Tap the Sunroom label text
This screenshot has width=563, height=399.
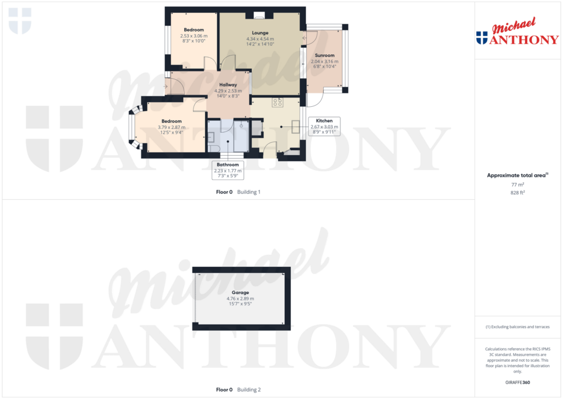(x=324, y=56)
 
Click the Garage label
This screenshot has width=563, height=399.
(x=240, y=293)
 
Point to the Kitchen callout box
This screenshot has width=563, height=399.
(x=324, y=126)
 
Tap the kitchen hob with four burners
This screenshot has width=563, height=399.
(x=278, y=102)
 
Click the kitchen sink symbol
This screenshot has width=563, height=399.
(x=295, y=128)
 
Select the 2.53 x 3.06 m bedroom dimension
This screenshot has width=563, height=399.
(x=194, y=36)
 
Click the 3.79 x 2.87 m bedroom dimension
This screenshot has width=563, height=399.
(x=171, y=127)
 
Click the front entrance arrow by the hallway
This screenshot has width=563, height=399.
(x=165, y=86)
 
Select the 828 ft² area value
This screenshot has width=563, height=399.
(x=517, y=193)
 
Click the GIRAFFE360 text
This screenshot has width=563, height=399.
(x=517, y=382)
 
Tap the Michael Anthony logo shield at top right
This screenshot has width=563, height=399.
(x=482, y=37)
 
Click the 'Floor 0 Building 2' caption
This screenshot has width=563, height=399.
(x=238, y=390)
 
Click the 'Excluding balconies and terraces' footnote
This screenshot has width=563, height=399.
(x=517, y=327)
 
